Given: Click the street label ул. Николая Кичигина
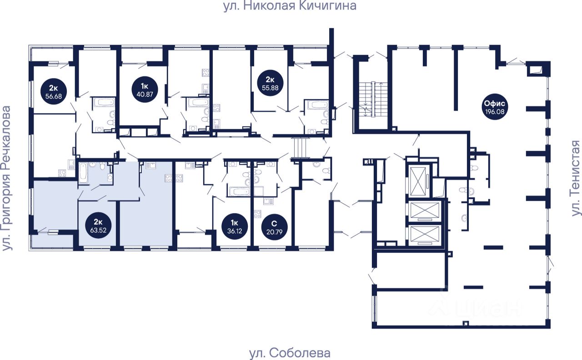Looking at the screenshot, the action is [x=289, y=6].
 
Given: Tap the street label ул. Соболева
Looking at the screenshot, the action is [x=290, y=353].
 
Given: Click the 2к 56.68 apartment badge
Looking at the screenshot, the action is [x=52, y=92].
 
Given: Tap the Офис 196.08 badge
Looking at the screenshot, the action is [x=495, y=107].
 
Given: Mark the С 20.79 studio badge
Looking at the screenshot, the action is [x=273, y=225].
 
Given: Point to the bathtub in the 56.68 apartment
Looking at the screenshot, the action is [x=105, y=102].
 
